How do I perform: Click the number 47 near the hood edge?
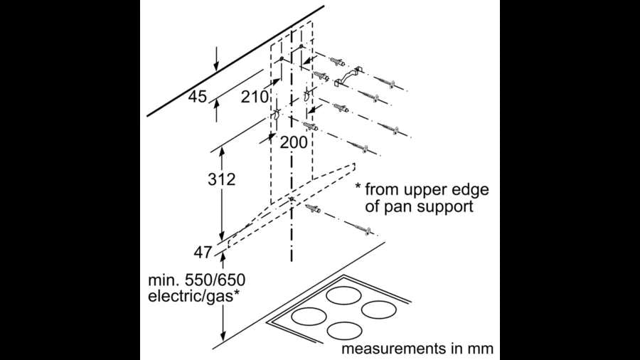pyautogui.click(x=203, y=251)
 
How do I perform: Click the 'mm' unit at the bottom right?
pyautogui.click(x=479, y=349)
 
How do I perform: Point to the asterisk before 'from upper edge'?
pyautogui.click(x=360, y=189)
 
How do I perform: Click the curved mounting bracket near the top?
pyautogui.click(x=348, y=75)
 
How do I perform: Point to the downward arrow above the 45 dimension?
pyautogui.click(x=217, y=57)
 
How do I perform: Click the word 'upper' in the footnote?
pyautogui.click(x=431, y=190)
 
